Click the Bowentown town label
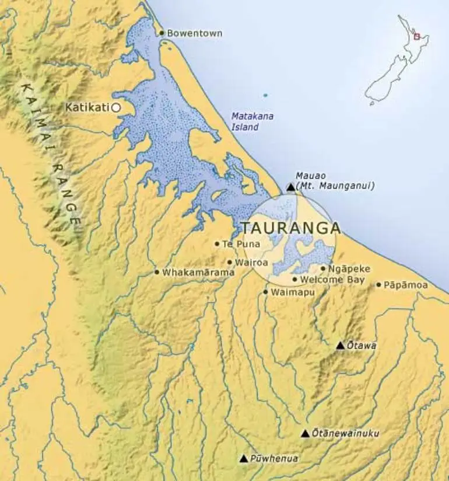194,33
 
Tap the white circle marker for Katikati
116,107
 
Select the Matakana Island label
252,121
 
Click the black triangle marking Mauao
291,187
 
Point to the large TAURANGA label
290,228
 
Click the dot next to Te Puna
217,244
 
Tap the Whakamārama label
198,273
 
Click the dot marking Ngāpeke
323,269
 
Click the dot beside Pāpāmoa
378,285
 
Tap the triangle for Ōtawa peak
341,346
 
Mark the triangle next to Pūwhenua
244,459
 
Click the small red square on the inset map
416,36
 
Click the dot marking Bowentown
162,33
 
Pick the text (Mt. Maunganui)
335,186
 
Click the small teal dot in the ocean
265,95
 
